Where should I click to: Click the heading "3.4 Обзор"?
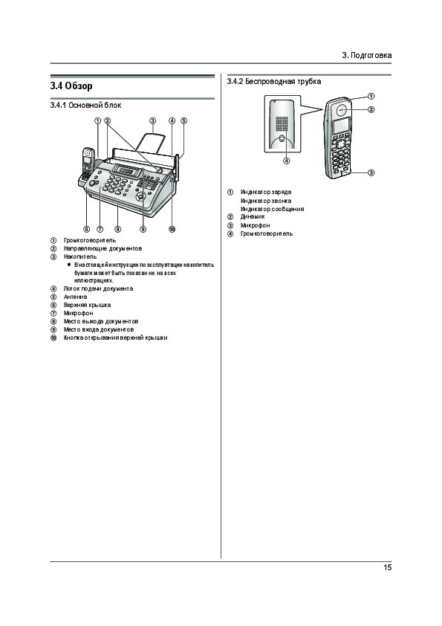click(x=71, y=85)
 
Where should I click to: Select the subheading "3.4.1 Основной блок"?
click(x=85, y=106)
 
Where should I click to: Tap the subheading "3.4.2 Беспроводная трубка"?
click(x=274, y=82)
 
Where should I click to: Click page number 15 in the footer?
click(x=387, y=567)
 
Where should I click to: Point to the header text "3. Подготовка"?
click(x=367, y=55)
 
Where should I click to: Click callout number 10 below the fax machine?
click(x=172, y=229)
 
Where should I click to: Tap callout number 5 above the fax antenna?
click(x=184, y=120)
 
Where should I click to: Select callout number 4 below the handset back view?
click(x=287, y=161)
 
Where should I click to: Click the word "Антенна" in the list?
click(x=75, y=297)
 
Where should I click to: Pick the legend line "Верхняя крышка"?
click(x=88, y=305)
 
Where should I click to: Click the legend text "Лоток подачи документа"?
click(x=99, y=288)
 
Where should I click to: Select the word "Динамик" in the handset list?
click(x=253, y=217)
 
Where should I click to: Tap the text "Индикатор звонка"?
click(x=266, y=201)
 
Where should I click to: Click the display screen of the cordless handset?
click(x=341, y=126)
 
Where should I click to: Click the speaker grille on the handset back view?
click(x=282, y=123)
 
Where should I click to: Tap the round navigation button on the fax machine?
click(x=140, y=197)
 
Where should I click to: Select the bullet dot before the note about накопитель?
click(x=69, y=265)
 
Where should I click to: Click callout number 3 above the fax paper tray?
click(x=152, y=120)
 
